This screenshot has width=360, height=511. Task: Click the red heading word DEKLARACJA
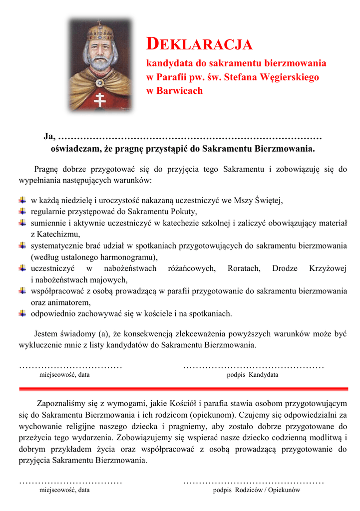(x=199, y=44)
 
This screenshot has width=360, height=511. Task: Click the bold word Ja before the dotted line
(x=48, y=136)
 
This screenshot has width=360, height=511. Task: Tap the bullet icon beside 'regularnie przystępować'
(x=23, y=212)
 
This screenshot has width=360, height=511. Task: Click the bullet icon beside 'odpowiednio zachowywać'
(x=23, y=313)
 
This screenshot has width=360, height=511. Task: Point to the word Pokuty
(x=183, y=212)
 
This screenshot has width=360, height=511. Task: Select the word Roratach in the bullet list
(x=244, y=269)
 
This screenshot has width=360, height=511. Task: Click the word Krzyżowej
(x=328, y=269)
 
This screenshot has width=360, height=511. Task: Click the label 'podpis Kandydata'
(x=253, y=375)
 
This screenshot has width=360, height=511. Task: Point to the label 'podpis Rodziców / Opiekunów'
(x=257, y=491)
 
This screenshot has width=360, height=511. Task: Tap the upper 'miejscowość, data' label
(x=65, y=375)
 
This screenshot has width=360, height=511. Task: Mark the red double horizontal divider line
(x=183, y=388)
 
